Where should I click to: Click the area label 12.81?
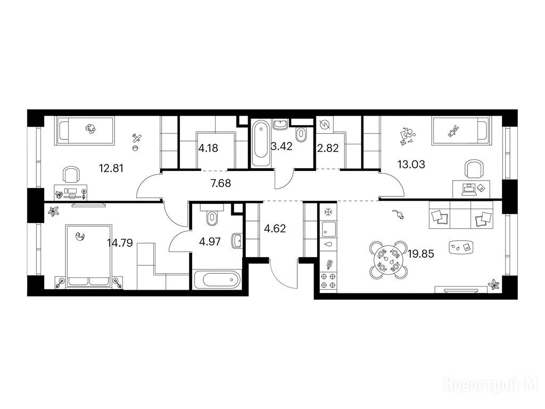pos(111,168)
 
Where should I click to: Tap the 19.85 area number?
pos(421,254)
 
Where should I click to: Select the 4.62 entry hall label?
pos(275,228)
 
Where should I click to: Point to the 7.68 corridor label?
pos(221,183)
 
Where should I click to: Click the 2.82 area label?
pos(328,148)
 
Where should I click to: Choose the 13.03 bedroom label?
pos(411,164)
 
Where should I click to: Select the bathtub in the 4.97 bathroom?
pos(217,279)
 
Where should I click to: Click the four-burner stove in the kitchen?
pos(328,281)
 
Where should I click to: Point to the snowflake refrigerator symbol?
pos(328,211)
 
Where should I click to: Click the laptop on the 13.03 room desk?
pos(468,189)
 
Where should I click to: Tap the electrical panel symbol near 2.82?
pos(325,124)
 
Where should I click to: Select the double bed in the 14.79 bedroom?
pos(89,256)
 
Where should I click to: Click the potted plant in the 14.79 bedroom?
pos(53,211)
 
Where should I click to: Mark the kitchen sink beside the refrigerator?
pos(328,228)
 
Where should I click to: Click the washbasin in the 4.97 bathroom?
pos(237,241)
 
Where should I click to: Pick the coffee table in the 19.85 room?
pos(461,247)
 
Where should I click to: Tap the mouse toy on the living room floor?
pos(398,215)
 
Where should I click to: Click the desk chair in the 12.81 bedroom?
pos(71,174)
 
